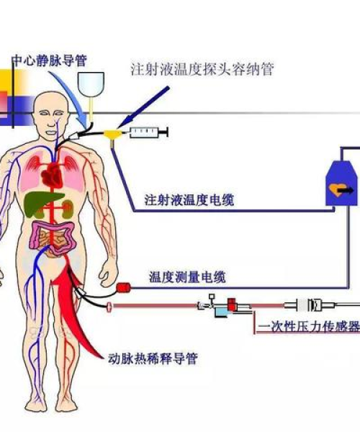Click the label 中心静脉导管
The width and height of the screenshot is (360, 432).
[x=50, y=60]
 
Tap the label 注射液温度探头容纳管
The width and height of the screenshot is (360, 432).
[x=202, y=69]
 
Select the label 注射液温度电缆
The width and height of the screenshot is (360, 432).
[x=189, y=199]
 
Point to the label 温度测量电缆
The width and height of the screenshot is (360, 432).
[x=188, y=276]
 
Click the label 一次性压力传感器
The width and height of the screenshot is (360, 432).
[x=309, y=327]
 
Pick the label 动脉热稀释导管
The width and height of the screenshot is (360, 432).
[x=153, y=359]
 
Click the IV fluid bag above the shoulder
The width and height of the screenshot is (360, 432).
[x=91, y=84]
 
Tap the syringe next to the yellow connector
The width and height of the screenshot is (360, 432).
[x=148, y=132]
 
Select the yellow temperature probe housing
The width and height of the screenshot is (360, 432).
[x=112, y=136]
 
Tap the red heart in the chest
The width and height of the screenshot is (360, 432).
[x=52, y=175]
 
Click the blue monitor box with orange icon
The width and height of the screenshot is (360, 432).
[x=342, y=183]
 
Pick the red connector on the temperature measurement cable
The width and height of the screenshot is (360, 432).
[x=123, y=287]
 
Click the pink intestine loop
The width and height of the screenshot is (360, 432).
[x=53, y=238]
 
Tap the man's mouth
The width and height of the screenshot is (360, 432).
[x=52, y=132]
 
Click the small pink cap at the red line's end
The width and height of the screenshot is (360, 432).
[x=109, y=307]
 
